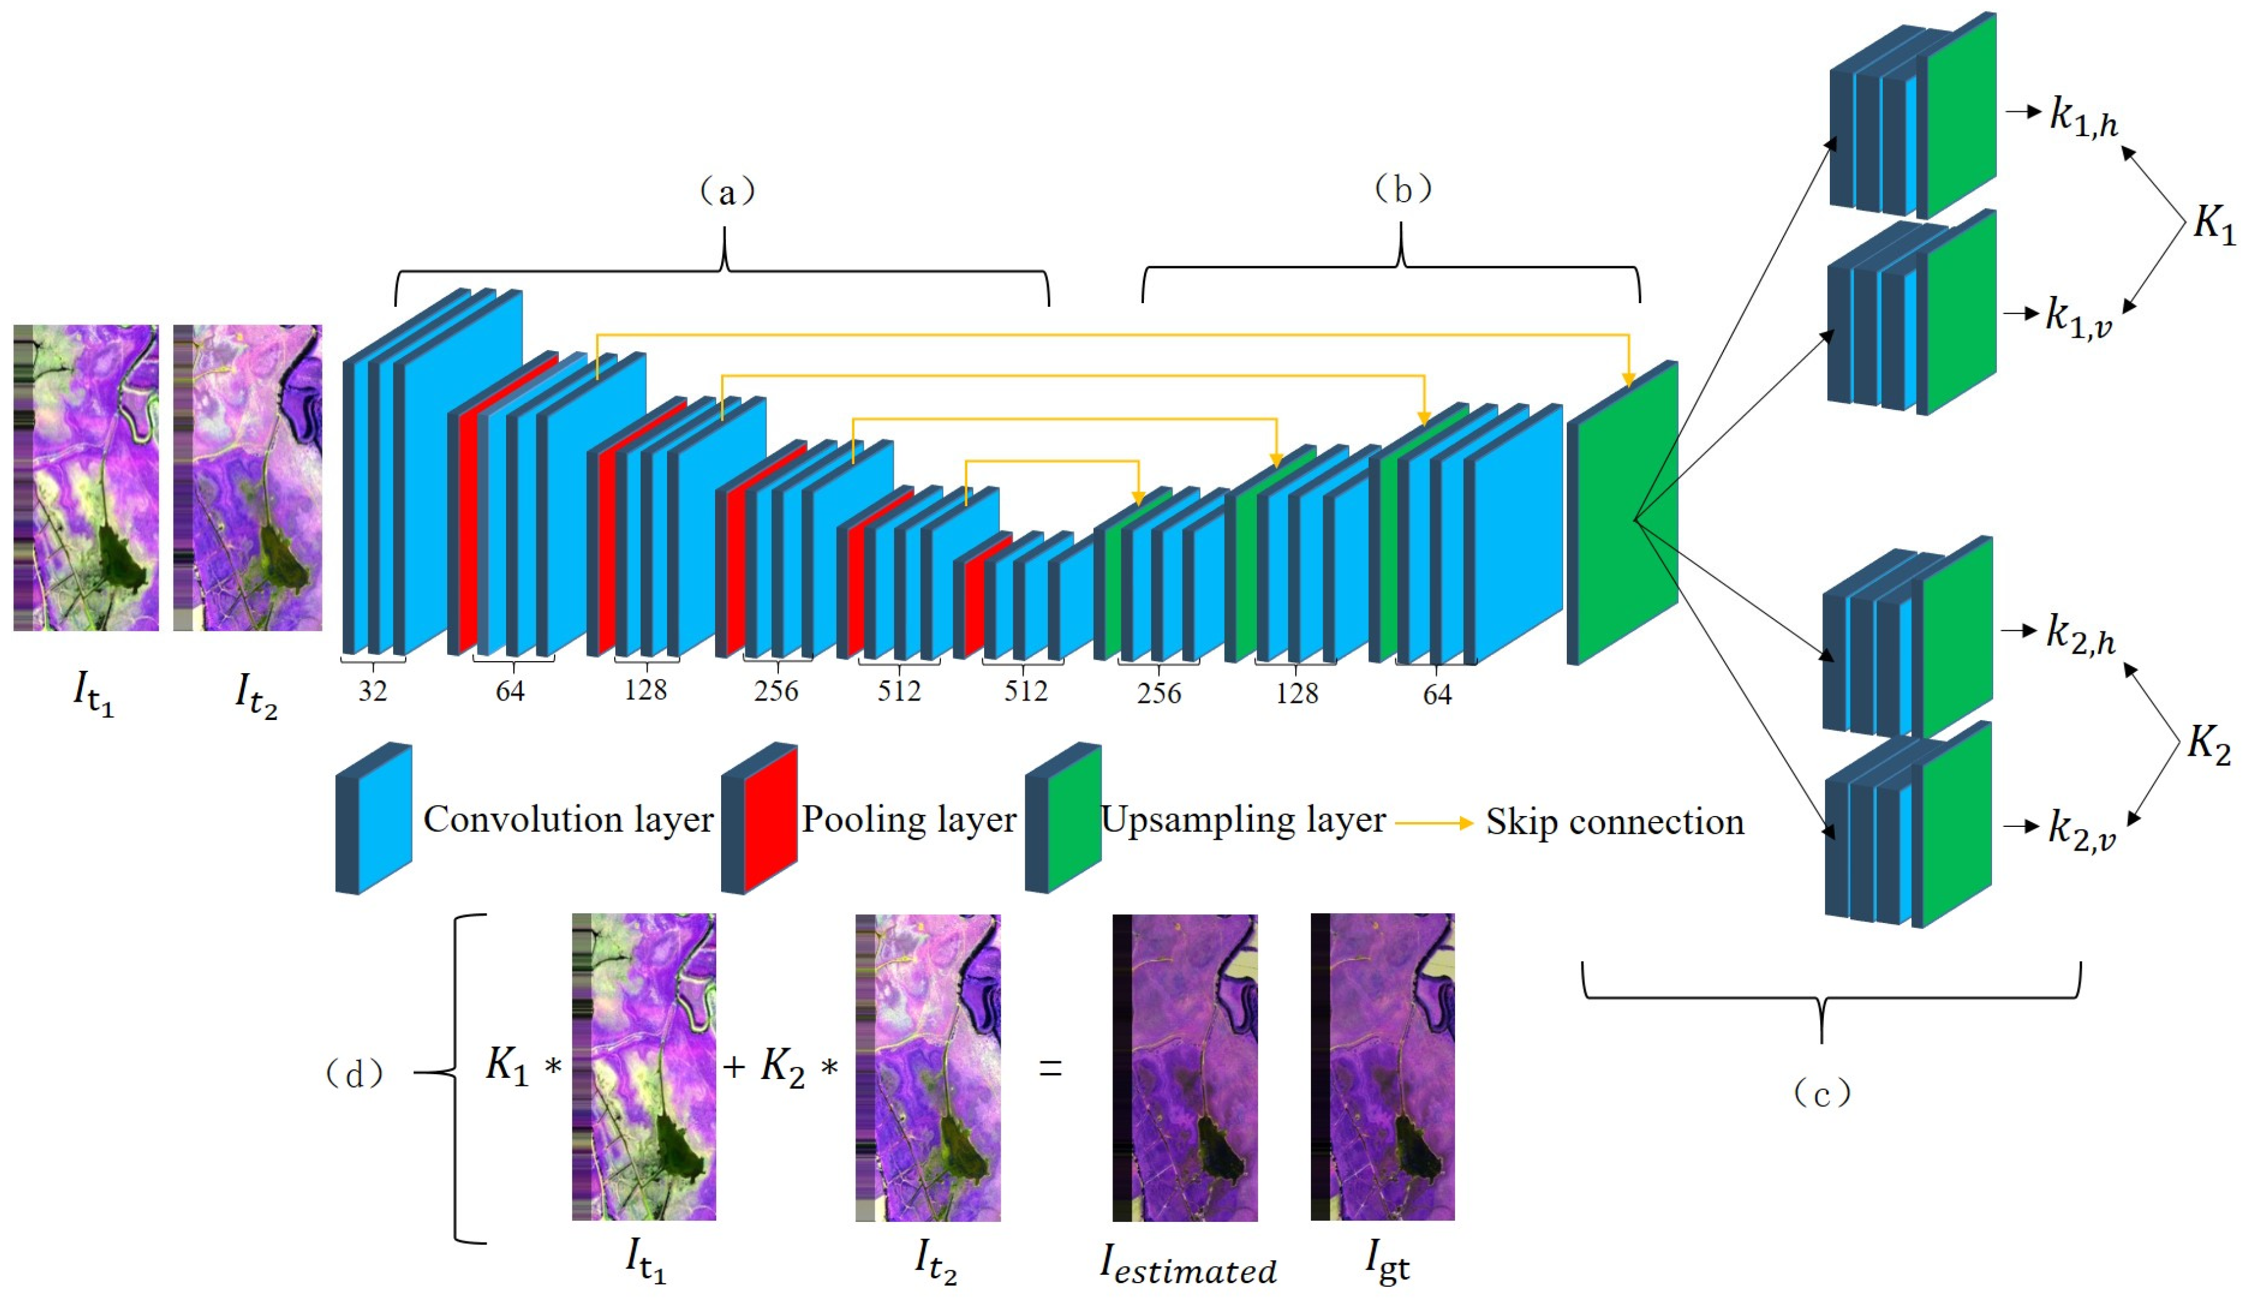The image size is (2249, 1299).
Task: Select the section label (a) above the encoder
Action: pos(727,191)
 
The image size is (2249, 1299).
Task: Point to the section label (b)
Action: pos(1402,188)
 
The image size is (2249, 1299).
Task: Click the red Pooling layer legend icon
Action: pos(760,818)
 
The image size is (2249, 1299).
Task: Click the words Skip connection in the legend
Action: pos(1614,821)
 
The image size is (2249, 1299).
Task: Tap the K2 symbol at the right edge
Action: pos(2209,742)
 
